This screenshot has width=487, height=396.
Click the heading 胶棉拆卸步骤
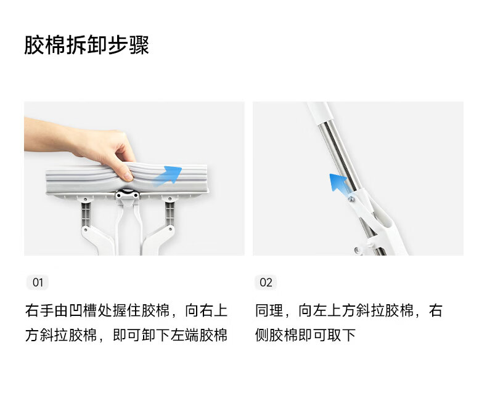87,46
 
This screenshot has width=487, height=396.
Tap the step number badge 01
38,283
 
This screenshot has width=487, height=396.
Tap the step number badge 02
266,283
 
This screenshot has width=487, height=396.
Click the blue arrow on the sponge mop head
167,176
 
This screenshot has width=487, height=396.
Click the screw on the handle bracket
351,200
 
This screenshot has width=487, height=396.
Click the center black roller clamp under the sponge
128,194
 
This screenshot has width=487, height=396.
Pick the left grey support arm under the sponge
86,214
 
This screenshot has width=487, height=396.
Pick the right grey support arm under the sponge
170,214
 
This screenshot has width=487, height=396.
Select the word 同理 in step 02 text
269,310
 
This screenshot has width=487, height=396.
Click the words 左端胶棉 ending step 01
198,335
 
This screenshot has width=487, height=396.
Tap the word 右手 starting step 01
39,310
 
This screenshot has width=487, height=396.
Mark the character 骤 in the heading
139,46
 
